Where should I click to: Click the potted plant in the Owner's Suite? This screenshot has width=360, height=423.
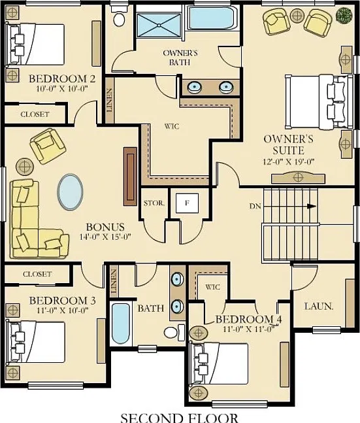pos(344,15)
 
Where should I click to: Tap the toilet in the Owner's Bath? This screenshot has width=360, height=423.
pos(118,17)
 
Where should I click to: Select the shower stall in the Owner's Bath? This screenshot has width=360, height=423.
pos(159,25)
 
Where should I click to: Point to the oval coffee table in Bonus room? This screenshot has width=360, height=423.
pos(70,192)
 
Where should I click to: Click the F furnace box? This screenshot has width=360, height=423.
pos(187,203)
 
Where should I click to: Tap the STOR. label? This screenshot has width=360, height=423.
pos(154,203)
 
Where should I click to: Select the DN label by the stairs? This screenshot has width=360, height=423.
pos(255,207)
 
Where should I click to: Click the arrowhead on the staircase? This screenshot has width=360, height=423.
pos(312,207)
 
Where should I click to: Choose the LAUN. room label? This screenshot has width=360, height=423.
pos(319,307)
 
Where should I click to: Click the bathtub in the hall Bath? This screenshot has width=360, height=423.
pos(120,324)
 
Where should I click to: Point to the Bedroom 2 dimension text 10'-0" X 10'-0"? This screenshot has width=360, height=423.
pos(63,88)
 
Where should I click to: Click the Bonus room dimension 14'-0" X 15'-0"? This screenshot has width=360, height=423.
pos(105,237)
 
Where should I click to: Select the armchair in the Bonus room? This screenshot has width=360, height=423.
pos(48,146)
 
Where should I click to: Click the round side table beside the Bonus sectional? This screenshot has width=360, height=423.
pos(25,167)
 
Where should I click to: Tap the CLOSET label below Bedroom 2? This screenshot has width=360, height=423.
pos(35,114)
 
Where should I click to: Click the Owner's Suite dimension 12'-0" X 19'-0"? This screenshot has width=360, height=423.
pos(289,161)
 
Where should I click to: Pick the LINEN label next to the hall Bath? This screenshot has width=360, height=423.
pos(114,281)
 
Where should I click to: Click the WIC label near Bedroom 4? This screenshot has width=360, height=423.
pos(212,287)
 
